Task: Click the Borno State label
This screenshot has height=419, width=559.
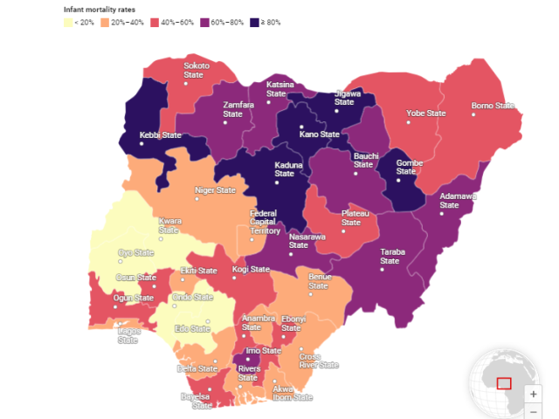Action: pyautogui.click(x=493, y=106)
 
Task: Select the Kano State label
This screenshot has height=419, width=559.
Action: pyautogui.click(x=319, y=134)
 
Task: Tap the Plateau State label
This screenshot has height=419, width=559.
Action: pyautogui.click(x=350, y=217)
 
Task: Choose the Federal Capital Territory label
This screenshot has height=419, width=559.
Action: pyautogui.click(x=265, y=222)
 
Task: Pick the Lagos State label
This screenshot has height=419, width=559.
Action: pyautogui.click(x=128, y=335)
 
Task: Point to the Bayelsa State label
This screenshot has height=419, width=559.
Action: pyautogui.click(x=196, y=401)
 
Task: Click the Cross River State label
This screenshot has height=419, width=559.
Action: pyautogui.click(x=318, y=361)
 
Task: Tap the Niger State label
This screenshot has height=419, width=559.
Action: pyautogui.click(x=215, y=189)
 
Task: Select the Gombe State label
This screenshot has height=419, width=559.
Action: pyautogui.click(x=410, y=167)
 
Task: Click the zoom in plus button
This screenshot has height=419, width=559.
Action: pyautogui.click(x=534, y=394)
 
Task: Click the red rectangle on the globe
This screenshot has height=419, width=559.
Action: pyautogui.click(x=504, y=382)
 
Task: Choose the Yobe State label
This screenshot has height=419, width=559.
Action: pyautogui.click(x=426, y=113)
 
